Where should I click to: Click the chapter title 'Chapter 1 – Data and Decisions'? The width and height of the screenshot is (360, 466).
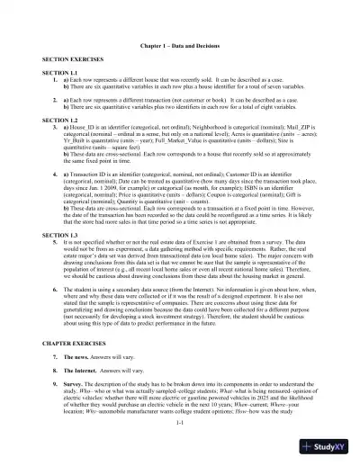coord(180,44)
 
